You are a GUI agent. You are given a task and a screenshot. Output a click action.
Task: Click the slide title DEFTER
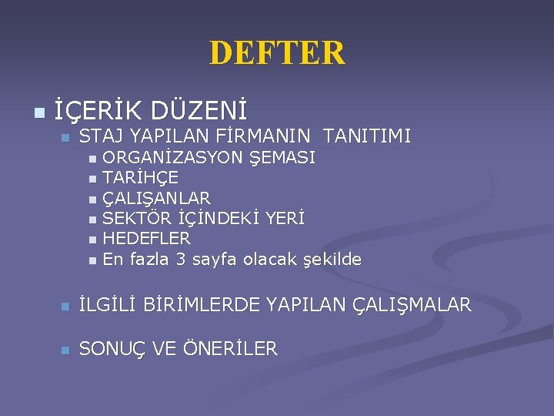[277, 53]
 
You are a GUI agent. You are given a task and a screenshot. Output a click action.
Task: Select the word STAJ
[101, 138]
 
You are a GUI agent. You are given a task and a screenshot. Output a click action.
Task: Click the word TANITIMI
[367, 138]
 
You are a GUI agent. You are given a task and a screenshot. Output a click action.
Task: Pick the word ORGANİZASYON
[172, 159]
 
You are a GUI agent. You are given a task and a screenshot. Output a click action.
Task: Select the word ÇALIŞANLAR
[156, 199]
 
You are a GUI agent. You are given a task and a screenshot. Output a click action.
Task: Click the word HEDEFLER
[146, 239]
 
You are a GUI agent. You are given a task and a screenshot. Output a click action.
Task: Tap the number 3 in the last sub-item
[182, 260]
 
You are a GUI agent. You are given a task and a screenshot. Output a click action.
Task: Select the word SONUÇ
[113, 349]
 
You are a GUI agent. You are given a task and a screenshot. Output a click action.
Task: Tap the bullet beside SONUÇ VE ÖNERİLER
[65, 351]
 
